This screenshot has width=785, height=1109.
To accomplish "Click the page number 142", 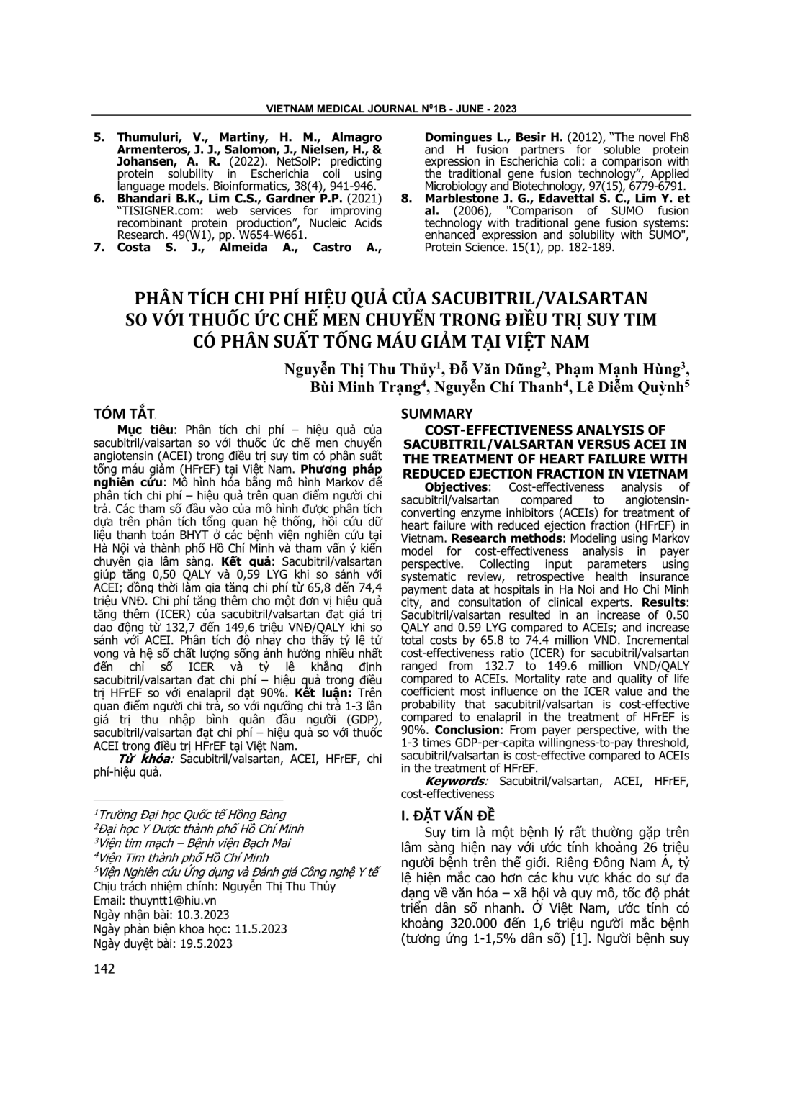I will tap(104, 969).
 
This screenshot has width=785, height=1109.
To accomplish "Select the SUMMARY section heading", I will tap(436, 414).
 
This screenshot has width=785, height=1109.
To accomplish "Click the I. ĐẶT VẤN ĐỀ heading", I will tap(447, 815).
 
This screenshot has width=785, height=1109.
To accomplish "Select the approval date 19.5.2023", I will tap(201, 943).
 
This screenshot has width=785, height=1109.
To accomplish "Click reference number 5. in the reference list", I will tap(99, 137).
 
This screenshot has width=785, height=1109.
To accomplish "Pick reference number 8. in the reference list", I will tap(406, 199).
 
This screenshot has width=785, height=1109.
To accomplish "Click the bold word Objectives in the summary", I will tap(457, 487).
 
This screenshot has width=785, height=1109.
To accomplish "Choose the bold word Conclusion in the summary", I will tap(461, 730).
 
